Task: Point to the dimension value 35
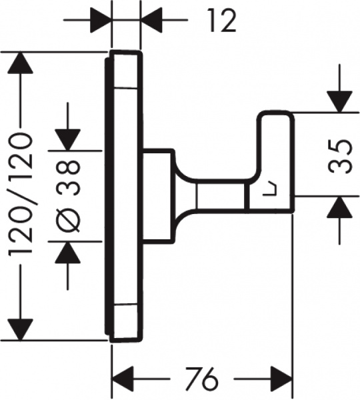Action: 341,156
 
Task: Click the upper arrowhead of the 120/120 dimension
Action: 19,63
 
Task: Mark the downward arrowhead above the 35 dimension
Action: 339,100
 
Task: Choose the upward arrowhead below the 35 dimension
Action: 339,209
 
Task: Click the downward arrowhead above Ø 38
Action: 69,139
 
